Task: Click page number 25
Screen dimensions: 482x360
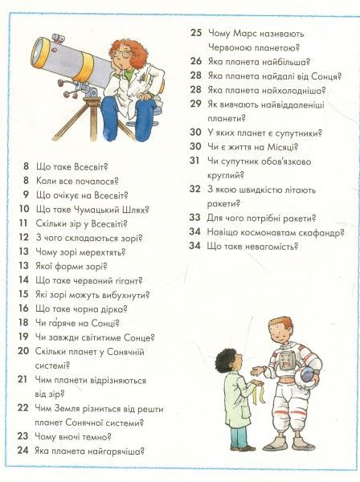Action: pos(195,33)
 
